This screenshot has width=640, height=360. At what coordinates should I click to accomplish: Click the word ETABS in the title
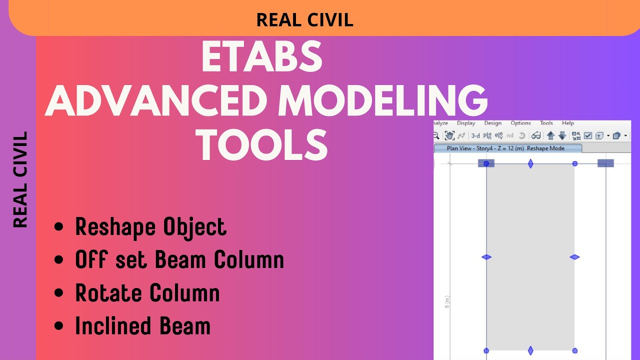pyautogui.click(x=261, y=56)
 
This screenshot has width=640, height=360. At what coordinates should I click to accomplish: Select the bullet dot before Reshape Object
pyautogui.click(x=59, y=227)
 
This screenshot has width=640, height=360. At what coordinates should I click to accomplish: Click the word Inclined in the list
pyautogui.click(x=114, y=326)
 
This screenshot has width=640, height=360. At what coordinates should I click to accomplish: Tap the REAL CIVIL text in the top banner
pyautogui.click(x=304, y=20)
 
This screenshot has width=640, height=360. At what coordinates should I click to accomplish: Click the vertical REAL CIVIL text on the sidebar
pyautogui.click(x=20, y=180)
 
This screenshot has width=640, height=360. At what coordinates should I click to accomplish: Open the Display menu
pyautogui.click(x=466, y=123)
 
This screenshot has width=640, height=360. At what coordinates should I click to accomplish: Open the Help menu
pyautogui.click(x=567, y=123)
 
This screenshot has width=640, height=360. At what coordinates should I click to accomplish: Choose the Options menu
pyautogui.click(x=520, y=123)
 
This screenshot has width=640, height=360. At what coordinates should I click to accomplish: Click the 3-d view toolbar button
pyautogui.click(x=475, y=135)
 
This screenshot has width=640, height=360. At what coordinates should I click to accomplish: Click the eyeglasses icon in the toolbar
pyautogui.click(x=536, y=135)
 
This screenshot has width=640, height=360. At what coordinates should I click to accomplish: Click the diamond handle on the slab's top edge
pyautogui.click(x=530, y=163)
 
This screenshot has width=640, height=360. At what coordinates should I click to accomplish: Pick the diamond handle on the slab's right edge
pyautogui.click(x=574, y=257)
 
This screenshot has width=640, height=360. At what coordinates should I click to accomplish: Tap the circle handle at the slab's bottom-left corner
pyautogui.click(x=486, y=350)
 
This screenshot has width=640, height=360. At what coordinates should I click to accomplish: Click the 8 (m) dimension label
pyautogui.click(x=447, y=302)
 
